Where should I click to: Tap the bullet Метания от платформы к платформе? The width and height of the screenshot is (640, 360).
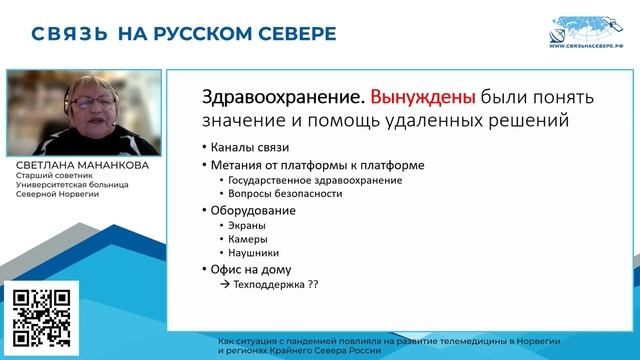click(297, 165)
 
